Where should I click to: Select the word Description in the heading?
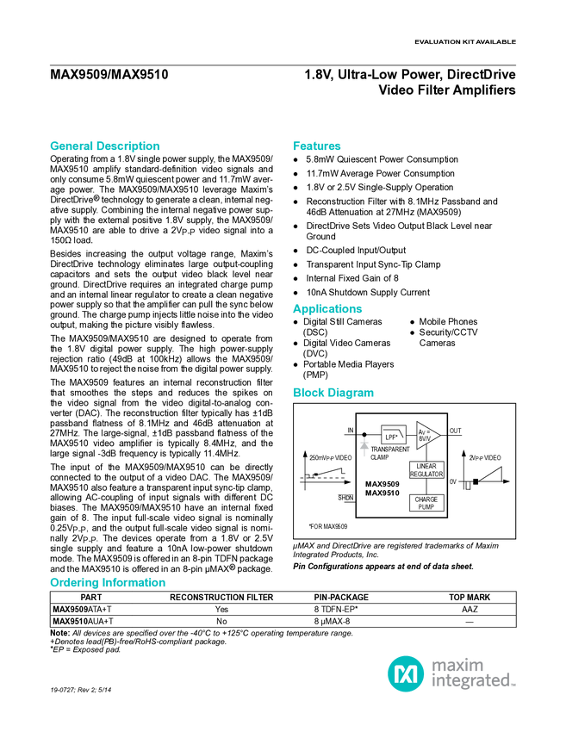tap(128, 146)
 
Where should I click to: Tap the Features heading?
tap(317, 146)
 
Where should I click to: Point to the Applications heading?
tap(327, 309)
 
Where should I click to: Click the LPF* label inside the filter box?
tap(392, 438)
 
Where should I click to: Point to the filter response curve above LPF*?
tap(395, 430)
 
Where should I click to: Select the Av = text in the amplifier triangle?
tap(423, 431)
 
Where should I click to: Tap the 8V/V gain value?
tap(424, 439)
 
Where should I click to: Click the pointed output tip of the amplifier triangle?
tap(438, 436)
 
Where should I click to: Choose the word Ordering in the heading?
tap(75, 583)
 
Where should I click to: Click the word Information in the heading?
tap(135, 583)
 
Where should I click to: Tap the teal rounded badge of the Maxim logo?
tap(405, 673)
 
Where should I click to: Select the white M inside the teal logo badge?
tap(405, 673)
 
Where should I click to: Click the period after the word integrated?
tap(515, 685)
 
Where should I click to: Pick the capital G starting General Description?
tap(53, 146)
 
